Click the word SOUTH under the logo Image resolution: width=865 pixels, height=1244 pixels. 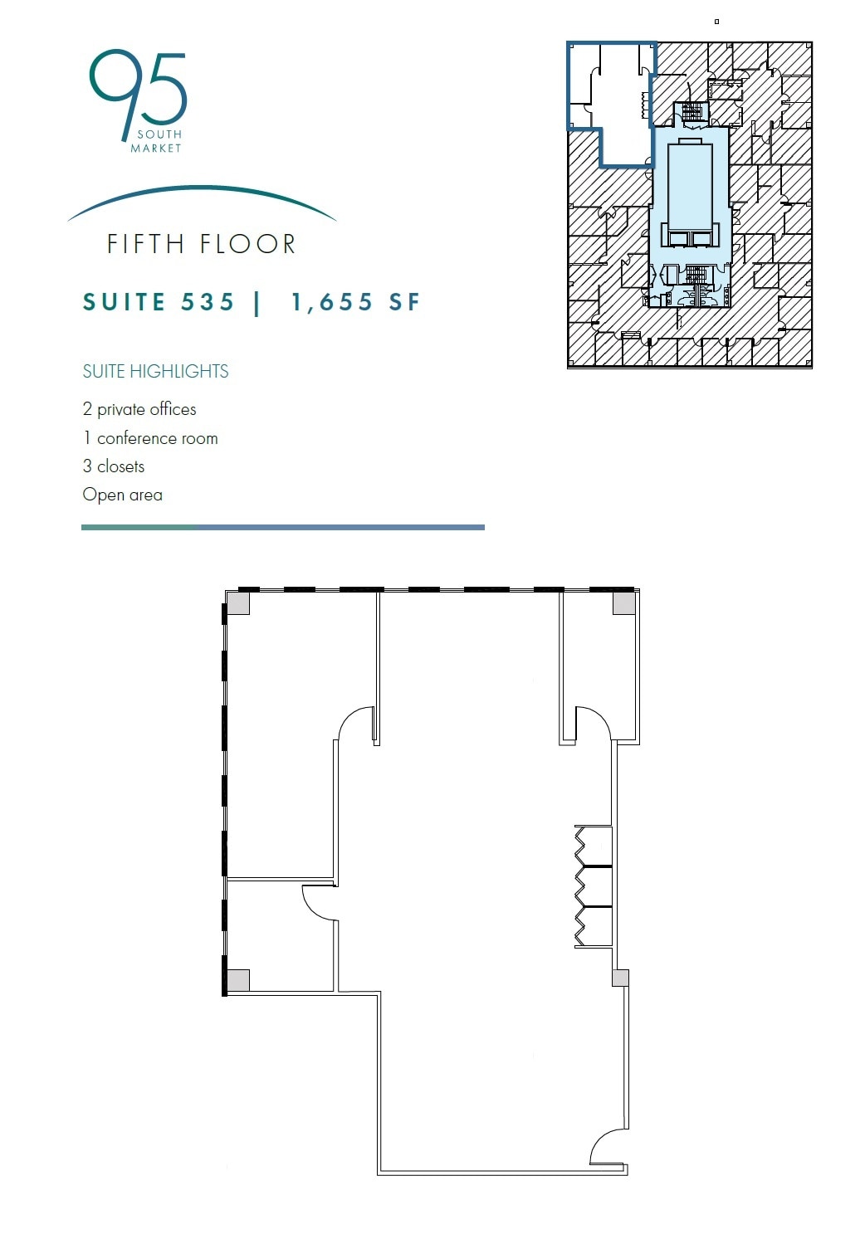pos(159,134)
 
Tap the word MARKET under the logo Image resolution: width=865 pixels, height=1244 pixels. pos(156,148)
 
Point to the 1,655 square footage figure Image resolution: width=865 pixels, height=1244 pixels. pos(332,302)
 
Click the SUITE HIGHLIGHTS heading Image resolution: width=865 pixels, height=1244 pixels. pos(155,371)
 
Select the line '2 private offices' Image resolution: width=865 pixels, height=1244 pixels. pos(139,409)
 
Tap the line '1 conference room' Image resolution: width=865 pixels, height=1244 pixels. pos(150,438)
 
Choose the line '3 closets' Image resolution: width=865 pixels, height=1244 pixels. pos(114,466)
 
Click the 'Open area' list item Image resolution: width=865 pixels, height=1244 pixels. pos(123,495)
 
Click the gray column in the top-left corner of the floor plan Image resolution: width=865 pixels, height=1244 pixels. pos(238,602)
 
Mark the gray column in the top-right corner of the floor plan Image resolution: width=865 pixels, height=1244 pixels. pos(624,602)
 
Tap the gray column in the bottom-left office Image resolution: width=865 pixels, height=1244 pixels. pos(238,980)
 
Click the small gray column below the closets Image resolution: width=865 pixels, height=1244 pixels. pos(620,978)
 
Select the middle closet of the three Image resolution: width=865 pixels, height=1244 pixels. pos(595,887)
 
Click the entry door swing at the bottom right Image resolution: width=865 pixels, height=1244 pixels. pos(610,1148)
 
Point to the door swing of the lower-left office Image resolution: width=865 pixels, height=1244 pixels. pos(319,902)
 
